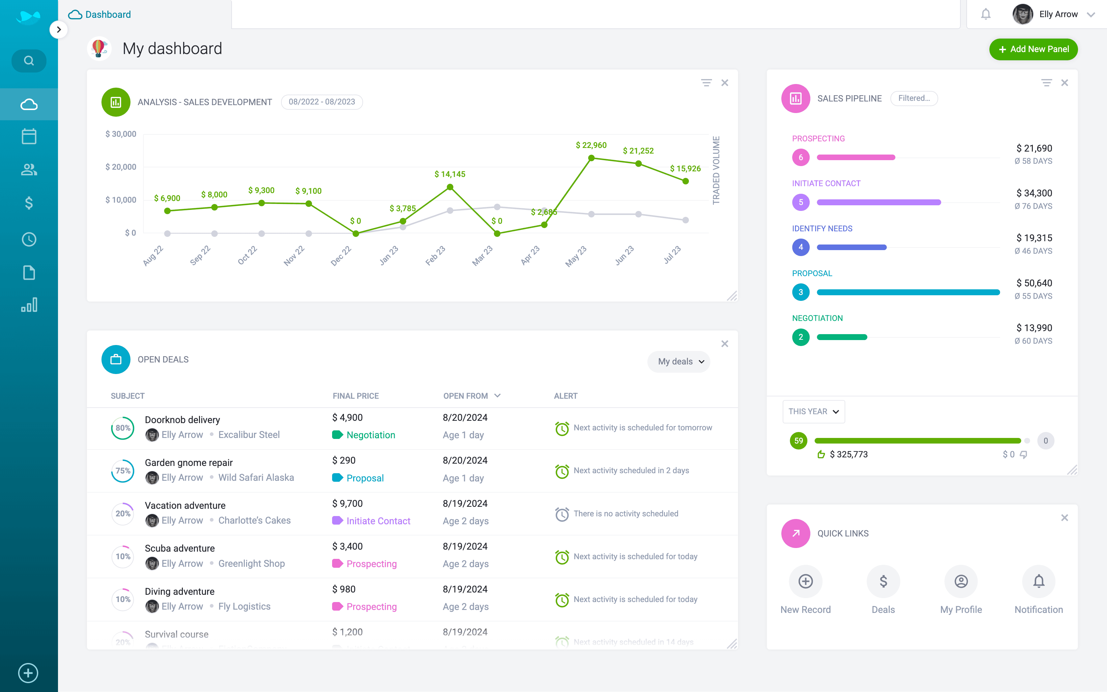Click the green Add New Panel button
click(1033, 49)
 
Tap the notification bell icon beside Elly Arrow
click(986, 14)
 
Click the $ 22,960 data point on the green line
click(591, 158)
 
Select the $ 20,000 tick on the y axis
click(121, 167)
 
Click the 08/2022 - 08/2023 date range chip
click(322, 101)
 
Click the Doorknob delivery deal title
click(182, 420)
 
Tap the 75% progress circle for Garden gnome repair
click(123, 471)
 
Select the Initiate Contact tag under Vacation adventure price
click(378, 521)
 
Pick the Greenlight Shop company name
click(251, 563)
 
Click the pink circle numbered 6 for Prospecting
click(801, 158)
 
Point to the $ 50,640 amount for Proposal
click(1034, 283)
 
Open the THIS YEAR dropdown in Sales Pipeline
click(813, 412)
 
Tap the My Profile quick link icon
click(961, 581)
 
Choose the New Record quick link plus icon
click(805, 581)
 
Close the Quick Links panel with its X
click(1064, 518)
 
